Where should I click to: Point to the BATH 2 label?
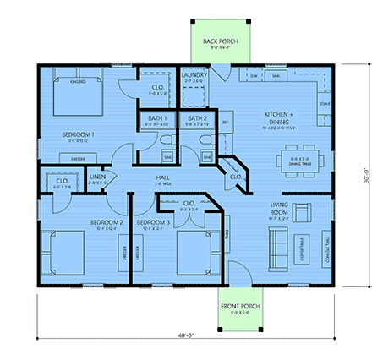coord(198,118)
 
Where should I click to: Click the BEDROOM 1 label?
coord(77,134)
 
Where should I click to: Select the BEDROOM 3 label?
coord(158,222)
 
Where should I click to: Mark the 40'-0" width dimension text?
coord(186,335)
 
